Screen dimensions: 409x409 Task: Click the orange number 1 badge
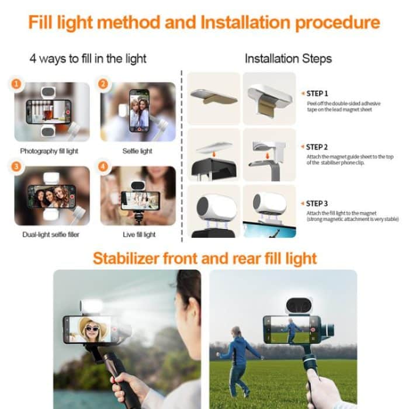[x=16, y=84]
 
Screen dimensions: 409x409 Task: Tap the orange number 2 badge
[x=103, y=84]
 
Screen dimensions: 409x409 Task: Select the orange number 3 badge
[x=16, y=168]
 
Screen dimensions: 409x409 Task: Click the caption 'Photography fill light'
[x=49, y=151]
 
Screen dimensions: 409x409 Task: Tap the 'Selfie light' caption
[x=137, y=151]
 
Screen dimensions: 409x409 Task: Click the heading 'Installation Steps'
[x=288, y=58]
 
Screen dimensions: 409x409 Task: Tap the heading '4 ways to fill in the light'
[x=88, y=58]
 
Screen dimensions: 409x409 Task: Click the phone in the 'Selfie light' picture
[x=139, y=110]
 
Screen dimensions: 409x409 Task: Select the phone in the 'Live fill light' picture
[x=140, y=200]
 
